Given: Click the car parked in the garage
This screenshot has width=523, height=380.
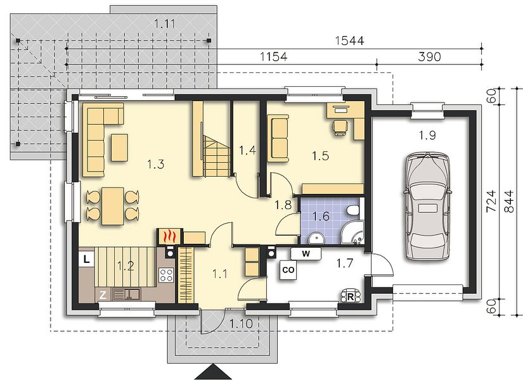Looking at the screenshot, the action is (x=428, y=207).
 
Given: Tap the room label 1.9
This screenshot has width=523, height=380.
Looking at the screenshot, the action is (x=427, y=136).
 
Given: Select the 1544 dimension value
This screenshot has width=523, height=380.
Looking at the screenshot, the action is (x=349, y=41).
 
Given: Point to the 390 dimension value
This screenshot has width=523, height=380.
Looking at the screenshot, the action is (x=429, y=56).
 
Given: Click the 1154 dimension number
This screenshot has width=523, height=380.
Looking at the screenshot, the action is (x=273, y=56).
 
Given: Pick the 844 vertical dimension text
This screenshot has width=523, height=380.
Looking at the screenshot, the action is (x=509, y=201).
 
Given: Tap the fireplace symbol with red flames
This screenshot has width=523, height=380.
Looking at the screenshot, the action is (x=169, y=237).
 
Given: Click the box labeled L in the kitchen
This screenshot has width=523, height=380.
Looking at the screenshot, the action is (x=87, y=259).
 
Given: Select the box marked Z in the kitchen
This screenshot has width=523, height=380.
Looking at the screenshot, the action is (x=103, y=294).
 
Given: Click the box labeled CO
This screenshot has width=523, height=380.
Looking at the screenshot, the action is (x=288, y=270).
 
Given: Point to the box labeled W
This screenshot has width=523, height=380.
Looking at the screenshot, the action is (x=306, y=254).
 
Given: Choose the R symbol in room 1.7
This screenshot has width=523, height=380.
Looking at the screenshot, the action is (x=351, y=296).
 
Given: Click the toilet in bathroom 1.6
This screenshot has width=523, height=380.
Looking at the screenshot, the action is (x=353, y=210).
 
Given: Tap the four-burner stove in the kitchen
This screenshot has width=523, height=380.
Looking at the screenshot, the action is (x=166, y=275).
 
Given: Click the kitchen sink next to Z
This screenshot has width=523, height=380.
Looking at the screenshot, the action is (x=126, y=294).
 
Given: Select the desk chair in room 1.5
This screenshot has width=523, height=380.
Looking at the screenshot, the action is (x=340, y=128).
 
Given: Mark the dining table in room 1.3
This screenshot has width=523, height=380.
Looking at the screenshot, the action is (x=113, y=206).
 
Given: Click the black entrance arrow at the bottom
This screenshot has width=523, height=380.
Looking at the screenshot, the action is (x=213, y=372).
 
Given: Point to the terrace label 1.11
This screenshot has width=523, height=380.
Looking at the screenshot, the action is (x=165, y=24).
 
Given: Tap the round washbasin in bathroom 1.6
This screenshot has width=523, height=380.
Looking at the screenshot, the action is (x=316, y=239).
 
